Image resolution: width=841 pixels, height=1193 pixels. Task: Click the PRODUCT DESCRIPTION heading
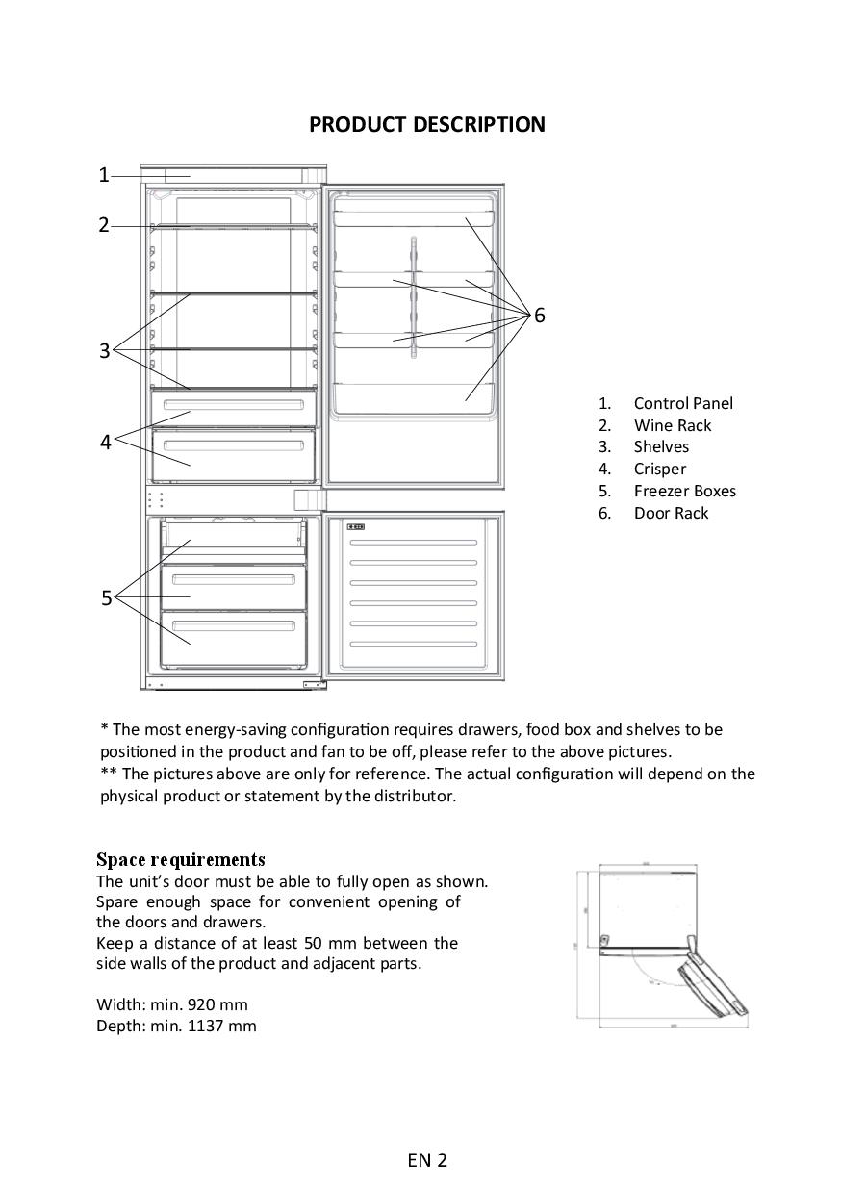[426, 125]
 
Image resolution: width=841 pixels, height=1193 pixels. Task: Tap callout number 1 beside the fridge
[104, 175]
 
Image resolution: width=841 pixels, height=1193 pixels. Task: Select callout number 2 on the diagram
[104, 226]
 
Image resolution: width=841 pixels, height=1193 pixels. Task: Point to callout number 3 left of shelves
[105, 351]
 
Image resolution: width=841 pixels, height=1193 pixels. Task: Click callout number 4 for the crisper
[106, 443]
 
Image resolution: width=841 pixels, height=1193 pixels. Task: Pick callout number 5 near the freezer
[107, 598]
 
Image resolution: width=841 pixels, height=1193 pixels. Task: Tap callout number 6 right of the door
[540, 316]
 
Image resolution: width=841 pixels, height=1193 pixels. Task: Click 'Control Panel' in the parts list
[682, 404]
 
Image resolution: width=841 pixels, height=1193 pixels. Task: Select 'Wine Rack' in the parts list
[672, 426]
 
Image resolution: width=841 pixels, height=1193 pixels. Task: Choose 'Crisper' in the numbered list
[659, 470]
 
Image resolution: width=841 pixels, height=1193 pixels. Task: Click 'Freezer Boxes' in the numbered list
[684, 492]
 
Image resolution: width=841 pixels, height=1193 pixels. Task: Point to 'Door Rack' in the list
[671, 514]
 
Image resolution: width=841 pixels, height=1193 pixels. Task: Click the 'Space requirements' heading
[180, 859]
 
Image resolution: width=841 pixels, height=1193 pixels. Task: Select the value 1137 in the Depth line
[207, 1027]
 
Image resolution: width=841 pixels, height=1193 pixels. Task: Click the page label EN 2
[427, 1160]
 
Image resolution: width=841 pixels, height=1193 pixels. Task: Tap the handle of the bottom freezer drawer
[234, 625]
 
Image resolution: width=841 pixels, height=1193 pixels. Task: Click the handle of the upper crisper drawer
[234, 405]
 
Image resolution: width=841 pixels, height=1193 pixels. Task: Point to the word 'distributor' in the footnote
[409, 797]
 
